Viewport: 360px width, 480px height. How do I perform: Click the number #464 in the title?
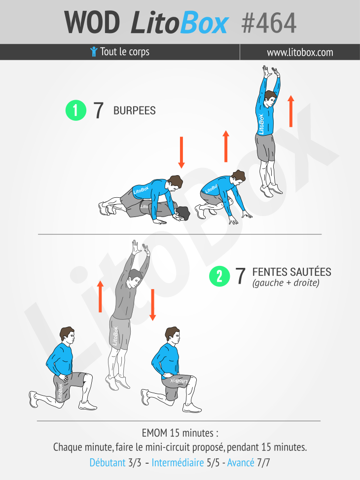tap(269, 23)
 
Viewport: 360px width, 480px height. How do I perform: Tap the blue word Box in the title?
tap(204, 23)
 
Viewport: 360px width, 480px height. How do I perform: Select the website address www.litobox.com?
tap(300, 52)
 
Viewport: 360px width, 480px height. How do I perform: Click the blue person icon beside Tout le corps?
tap(94, 52)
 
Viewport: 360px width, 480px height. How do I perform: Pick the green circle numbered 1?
tap(76, 110)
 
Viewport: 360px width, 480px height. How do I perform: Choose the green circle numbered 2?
tap(219, 276)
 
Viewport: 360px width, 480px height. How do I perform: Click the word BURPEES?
tap(135, 111)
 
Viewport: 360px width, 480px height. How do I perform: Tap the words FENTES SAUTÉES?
tap(292, 272)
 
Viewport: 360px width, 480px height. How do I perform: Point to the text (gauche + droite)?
tap(286, 283)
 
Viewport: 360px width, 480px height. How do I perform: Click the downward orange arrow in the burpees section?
tap(181, 152)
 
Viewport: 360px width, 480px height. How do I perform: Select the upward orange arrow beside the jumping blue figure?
tap(291, 111)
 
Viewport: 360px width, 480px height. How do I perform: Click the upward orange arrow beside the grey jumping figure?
tap(100, 296)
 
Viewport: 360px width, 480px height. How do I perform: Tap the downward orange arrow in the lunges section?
tap(152, 305)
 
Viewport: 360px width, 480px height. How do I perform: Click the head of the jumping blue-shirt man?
tap(270, 99)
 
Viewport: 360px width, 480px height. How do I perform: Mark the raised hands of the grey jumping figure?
tap(141, 247)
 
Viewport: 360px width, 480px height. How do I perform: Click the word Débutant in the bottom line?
tap(108, 462)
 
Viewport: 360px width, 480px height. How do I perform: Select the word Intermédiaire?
tap(178, 462)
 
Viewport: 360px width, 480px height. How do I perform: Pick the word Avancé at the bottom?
tap(241, 462)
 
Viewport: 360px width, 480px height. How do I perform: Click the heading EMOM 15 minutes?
tap(180, 433)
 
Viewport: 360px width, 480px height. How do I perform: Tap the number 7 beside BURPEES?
tap(98, 111)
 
